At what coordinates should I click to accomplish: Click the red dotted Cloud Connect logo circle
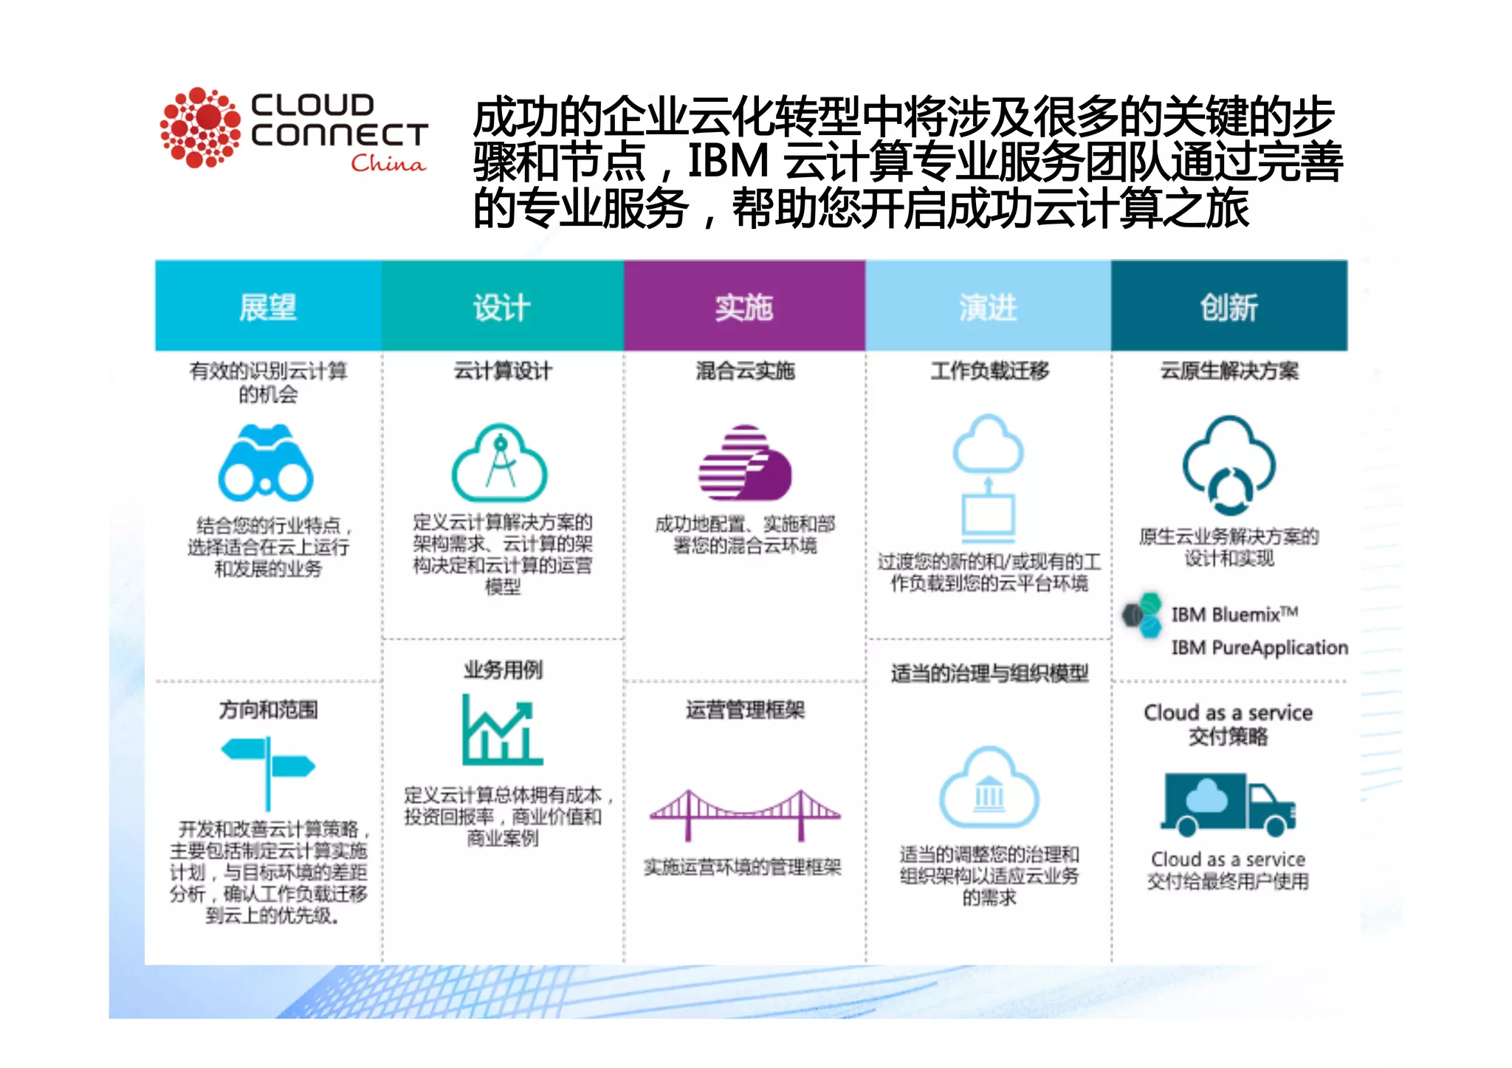200,128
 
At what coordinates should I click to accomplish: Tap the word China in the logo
388,163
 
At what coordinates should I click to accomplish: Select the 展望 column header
268,306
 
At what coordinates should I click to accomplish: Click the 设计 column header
502,306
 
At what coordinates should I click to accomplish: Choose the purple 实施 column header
744,306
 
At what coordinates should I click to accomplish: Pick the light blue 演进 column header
988,306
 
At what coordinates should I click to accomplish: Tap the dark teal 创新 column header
1229,306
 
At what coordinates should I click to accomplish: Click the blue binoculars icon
266,464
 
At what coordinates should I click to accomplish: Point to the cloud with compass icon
500,464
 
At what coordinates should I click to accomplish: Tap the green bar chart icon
501,730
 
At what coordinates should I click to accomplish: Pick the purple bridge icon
744,816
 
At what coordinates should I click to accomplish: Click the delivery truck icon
1228,805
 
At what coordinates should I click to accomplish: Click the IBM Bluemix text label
1234,614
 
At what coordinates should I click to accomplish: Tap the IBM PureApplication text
1259,647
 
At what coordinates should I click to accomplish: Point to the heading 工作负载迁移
989,371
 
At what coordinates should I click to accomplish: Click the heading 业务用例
503,670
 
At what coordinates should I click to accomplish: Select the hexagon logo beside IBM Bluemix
1142,615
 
